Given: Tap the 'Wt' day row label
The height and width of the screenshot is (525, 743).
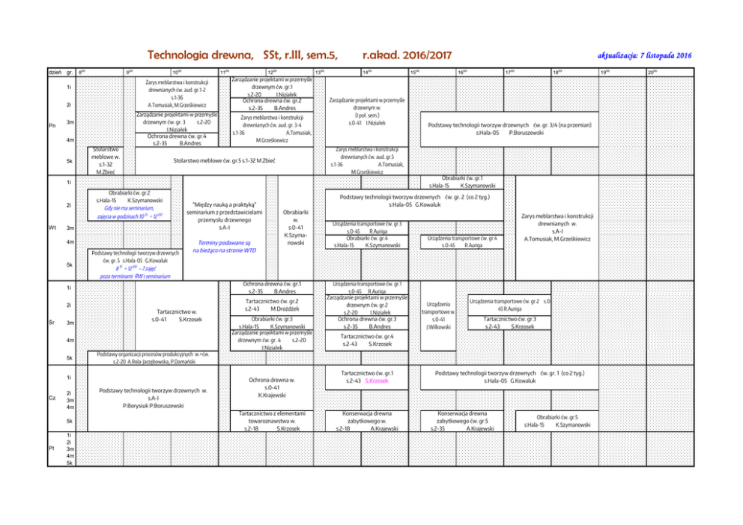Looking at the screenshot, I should click(x=49, y=228).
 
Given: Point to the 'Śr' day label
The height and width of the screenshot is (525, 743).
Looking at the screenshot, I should click(x=49, y=323).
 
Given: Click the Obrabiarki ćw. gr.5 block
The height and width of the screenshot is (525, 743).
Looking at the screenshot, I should click(x=557, y=420).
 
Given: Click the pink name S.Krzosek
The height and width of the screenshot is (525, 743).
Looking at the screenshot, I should click(x=377, y=381).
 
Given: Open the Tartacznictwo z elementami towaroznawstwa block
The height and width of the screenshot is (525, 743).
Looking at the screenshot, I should click(x=271, y=421).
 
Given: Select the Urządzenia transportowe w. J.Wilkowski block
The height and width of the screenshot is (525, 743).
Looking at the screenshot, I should click(x=437, y=315).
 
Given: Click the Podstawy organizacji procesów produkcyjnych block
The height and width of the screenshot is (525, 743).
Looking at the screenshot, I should click(x=152, y=357).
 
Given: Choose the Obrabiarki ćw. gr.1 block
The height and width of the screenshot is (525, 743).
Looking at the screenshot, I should click(x=461, y=181).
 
